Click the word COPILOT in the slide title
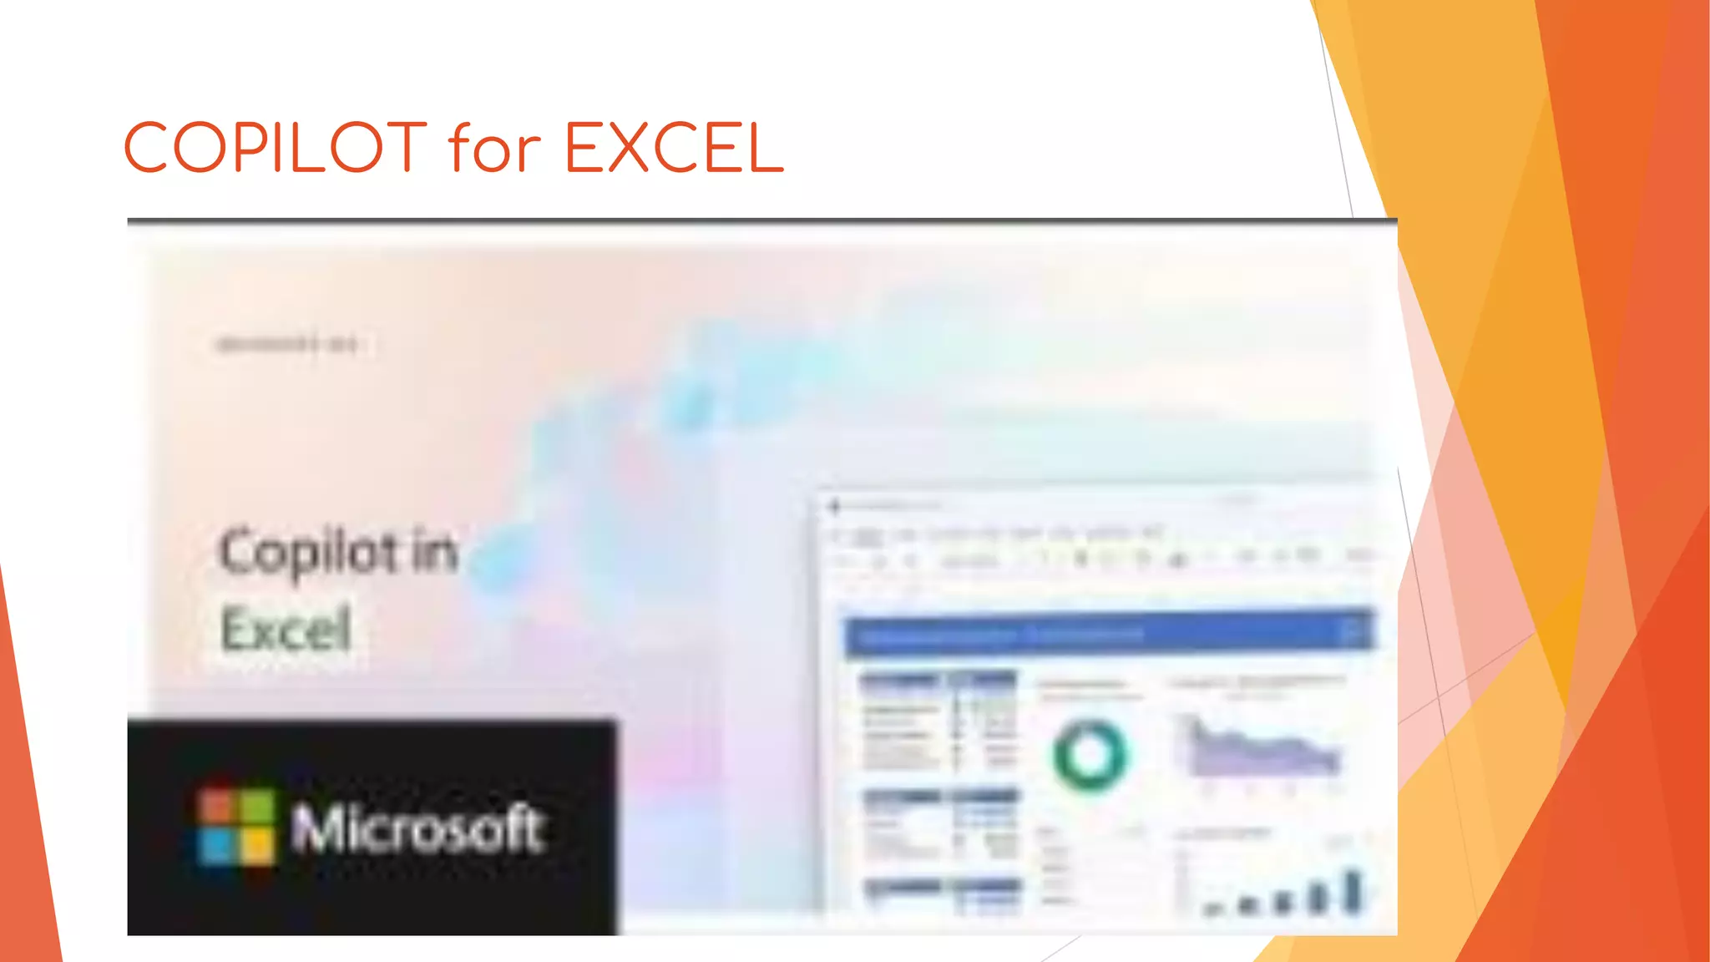point(276,147)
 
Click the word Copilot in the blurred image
point(309,553)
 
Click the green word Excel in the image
point(286,630)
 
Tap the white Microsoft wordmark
point(418,828)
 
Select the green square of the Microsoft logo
point(257,807)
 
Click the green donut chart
point(1090,755)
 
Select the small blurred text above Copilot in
point(286,344)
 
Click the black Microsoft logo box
point(372,827)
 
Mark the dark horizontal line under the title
point(761,220)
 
